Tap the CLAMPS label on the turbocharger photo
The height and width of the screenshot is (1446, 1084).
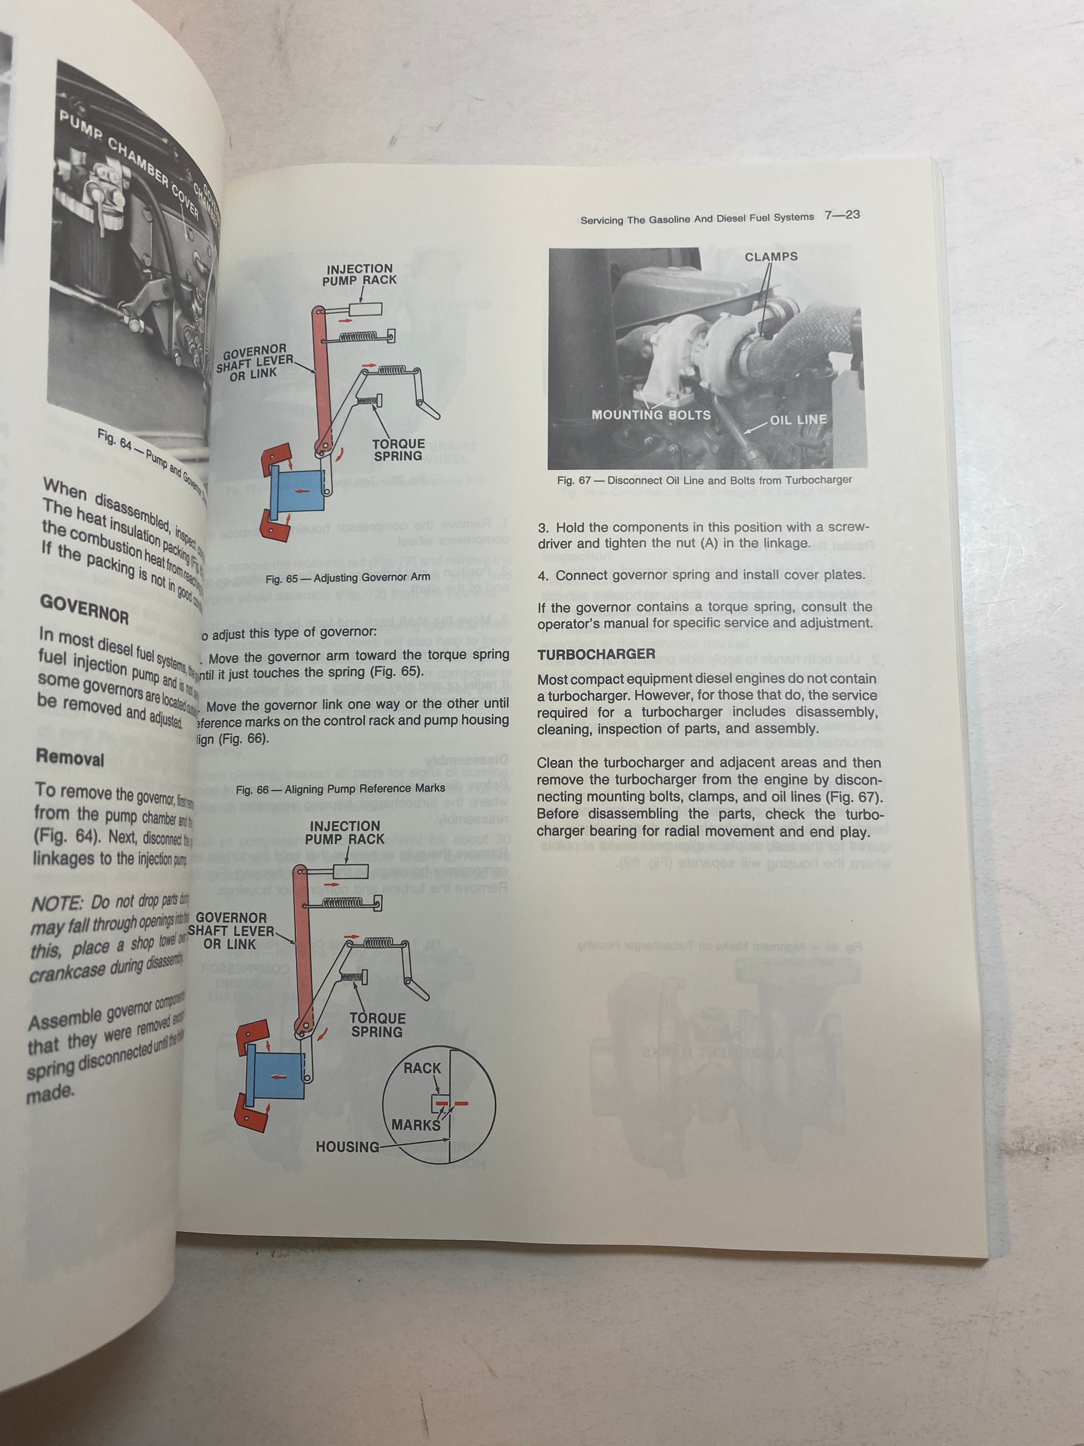pyautogui.click(x=771, y=257)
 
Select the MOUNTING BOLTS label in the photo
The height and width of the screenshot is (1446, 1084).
pyautogui.click(x=651, y=415)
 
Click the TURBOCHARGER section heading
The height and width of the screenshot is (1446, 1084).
pyautogui.click(x=596, y=654)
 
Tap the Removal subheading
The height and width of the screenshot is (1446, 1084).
pyautogui.click(x=70, y=758)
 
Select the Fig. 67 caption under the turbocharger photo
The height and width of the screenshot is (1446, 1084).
pyautogui.click(x=704, y=480)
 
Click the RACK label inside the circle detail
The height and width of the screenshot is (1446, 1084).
pyautogui.click(x=422, y=1068)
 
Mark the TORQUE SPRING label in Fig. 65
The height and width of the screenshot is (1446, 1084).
pyautogui.click(x=399, y=450)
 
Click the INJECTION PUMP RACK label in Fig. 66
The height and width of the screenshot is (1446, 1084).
pyautogui.click(x=344, y=832)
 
